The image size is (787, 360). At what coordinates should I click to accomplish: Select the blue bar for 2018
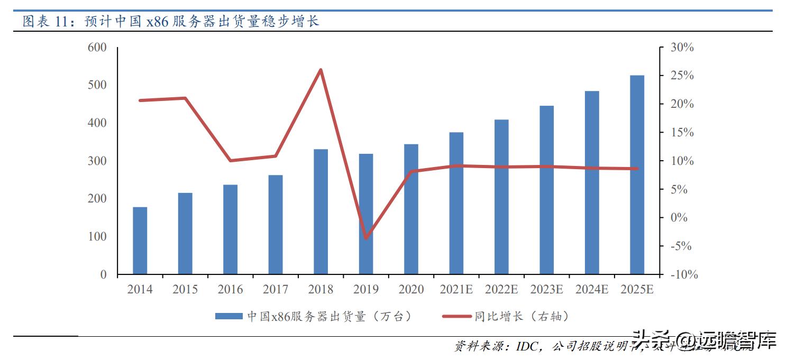[x=321, y=211]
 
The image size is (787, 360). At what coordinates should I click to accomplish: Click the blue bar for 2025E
[x=637, y=174]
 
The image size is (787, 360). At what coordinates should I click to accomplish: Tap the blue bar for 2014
[x=140, y=241]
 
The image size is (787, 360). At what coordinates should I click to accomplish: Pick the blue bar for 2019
[x=366, y=214]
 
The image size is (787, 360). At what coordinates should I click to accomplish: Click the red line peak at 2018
[x=321, y=70]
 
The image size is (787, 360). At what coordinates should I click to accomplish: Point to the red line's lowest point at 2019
[x=366, y=238]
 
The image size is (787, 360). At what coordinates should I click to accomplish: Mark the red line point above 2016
[x=230, y=161]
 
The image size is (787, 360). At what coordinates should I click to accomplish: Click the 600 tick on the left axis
[x=98, y=48]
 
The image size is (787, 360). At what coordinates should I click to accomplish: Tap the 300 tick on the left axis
[x=98, y=161]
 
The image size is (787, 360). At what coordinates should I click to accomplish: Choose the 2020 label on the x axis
[x=411, y=290]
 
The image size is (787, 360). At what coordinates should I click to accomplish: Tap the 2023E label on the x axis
[x=546, y=290]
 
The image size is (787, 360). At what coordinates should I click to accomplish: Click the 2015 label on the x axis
[x=185, y=290]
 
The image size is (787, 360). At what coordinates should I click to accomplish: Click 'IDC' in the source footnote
[x=527, y=347]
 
